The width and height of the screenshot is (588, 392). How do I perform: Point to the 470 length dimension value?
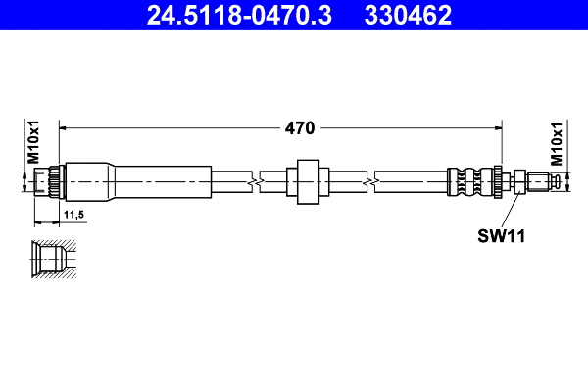[299, 127]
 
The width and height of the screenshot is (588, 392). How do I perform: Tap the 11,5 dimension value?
[73, 213]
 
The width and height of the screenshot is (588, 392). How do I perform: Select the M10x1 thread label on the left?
[32, 143]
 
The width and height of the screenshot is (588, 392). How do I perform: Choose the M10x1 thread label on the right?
[556, 143]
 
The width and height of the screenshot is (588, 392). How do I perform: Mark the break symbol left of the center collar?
[254, 181]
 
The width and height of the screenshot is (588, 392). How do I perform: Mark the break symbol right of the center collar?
[371, 181]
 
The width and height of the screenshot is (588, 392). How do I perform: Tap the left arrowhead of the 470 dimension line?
[66, 127]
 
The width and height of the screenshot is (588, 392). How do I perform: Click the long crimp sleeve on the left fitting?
[137, 181]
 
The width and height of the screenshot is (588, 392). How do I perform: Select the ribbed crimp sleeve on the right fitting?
[470, 181]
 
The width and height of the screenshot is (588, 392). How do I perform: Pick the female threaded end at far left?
[44, 181]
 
